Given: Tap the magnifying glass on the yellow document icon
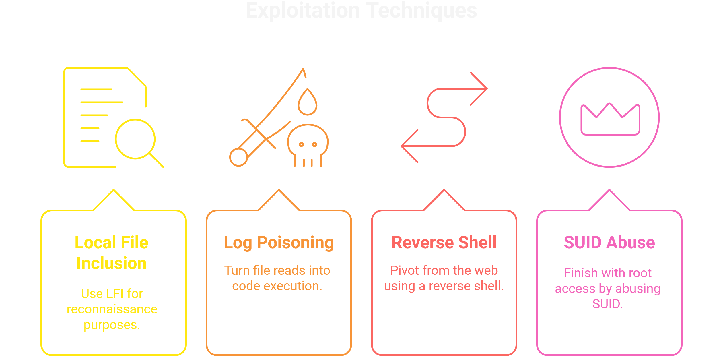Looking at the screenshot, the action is click(135, 139).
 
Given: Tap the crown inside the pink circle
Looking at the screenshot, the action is click(610, 119).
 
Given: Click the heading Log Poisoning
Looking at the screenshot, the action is click(279, 243).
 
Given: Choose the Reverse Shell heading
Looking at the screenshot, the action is click(444, 243).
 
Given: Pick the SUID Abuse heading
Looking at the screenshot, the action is click(609, 243).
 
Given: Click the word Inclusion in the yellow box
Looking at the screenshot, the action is click(112, 263).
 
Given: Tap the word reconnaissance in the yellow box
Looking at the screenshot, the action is click(112, 309).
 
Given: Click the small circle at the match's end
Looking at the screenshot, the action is click(238, 157).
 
